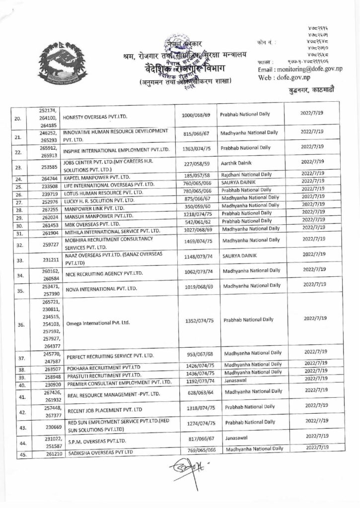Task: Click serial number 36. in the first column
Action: point(20,325)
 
